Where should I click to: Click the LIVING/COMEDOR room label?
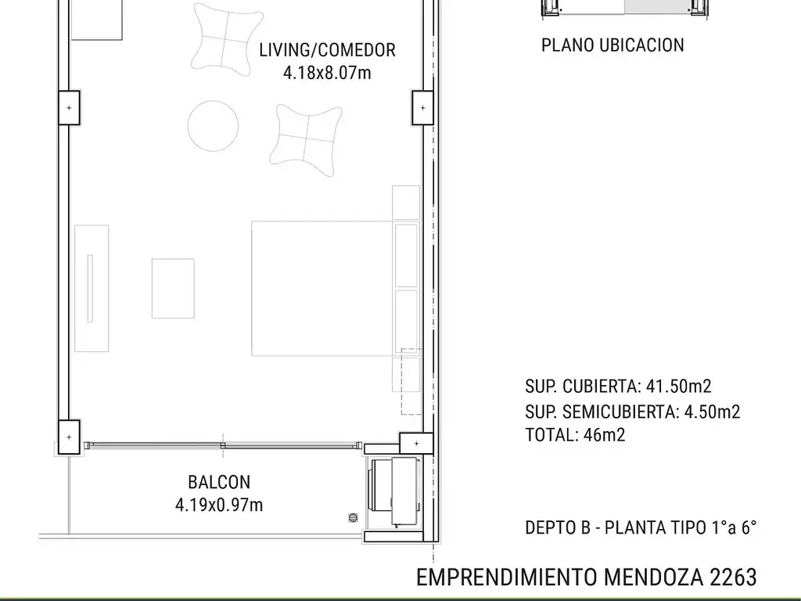click(x=328, y=50)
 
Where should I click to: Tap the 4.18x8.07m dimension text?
click(x=328, y=74)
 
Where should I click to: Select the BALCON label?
click(x=219, y=482)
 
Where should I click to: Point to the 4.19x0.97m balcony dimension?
click(x=219, y=505)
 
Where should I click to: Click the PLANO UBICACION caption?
click(x=612, y=45)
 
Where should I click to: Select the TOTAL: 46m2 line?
click(x=575, y=436)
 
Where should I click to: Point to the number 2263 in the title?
click(x=733, y=578)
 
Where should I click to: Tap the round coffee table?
click(x=214, y=126)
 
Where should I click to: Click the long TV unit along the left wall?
click(x=92, y=288)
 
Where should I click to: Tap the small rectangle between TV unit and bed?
click(x=173, y=288)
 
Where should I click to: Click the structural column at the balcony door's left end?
click(x=69, y=436)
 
